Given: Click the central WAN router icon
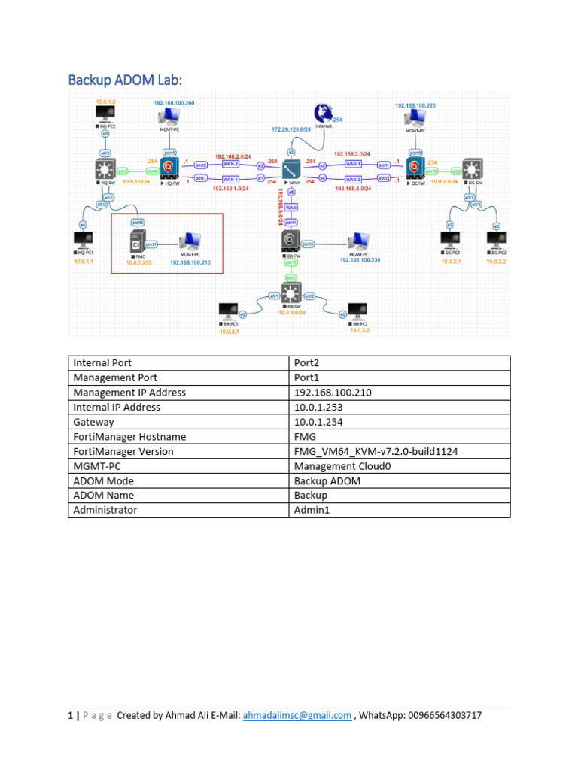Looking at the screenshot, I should click(x=291, y=170).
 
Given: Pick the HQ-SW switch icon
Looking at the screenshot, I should click(x=103, y=170).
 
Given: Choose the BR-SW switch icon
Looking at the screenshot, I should click(x=291, y=292).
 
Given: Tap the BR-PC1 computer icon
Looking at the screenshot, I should click(x=227, y=311).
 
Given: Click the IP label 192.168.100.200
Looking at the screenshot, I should click(x=174, y=102).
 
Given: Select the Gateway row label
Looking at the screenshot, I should click(x=93, y=422).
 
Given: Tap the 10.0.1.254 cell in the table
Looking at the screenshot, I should click(x=318, y=422).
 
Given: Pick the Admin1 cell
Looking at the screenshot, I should click(x=311, y=510).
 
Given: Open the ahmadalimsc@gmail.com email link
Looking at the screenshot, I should click(x=297, y=715).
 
